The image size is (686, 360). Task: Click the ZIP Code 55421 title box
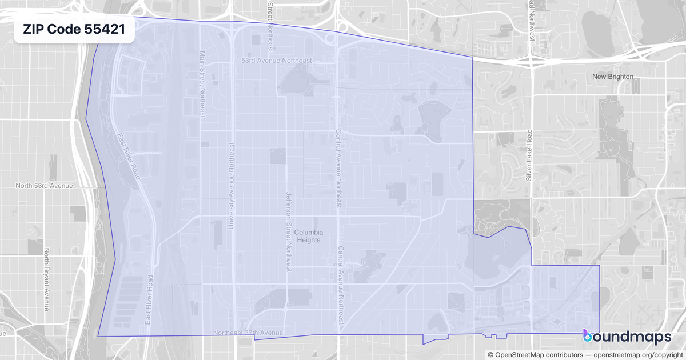[x=74, y=30]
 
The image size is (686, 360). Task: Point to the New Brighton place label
[x=613, y=77]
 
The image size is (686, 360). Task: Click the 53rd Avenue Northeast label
[x=277, y=61]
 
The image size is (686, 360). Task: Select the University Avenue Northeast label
[x=232, y=186]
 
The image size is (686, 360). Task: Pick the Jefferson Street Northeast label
[x=289, y=231]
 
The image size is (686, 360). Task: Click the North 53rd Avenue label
[x=44, y=186]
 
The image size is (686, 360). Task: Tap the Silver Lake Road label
[x=529, y=155]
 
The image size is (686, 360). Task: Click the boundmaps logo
[x=627, y=337]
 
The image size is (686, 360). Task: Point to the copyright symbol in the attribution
[x=490, y=355]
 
